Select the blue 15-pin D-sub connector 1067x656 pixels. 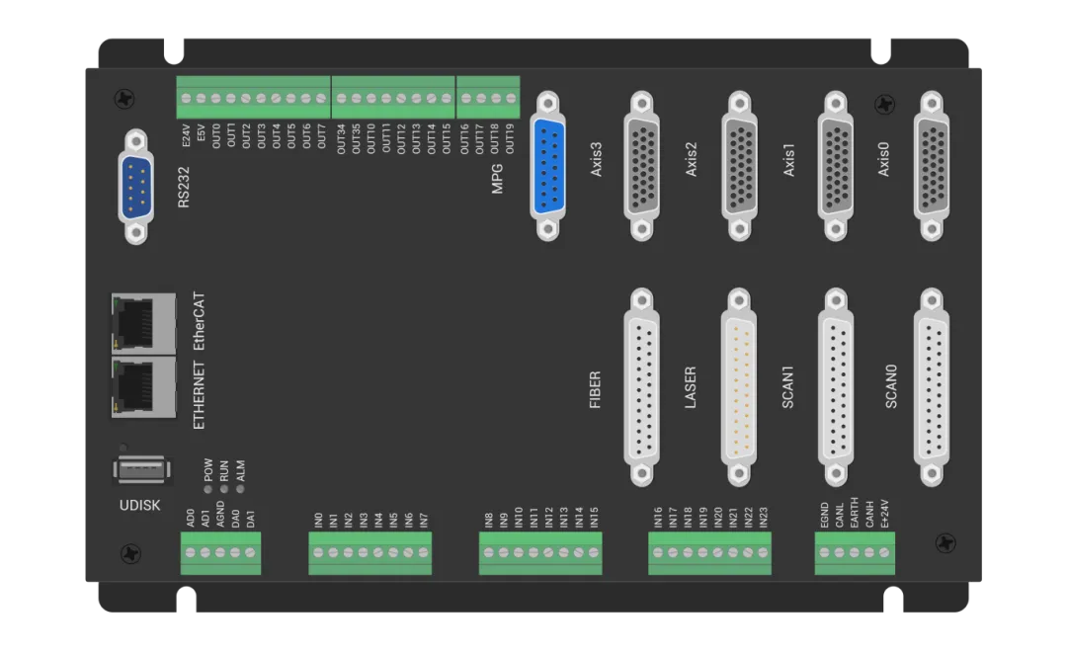pos(546,165)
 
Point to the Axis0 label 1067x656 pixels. pos(883,158)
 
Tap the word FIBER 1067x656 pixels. pos(595,389)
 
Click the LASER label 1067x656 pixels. pos(691,387)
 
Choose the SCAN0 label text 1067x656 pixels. pos(891,386)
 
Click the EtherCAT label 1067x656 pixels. pos(200,321)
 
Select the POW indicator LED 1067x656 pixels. pos(208,488)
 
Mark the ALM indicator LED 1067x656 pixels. pos(239,488)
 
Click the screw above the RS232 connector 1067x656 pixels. pos(125,99)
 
